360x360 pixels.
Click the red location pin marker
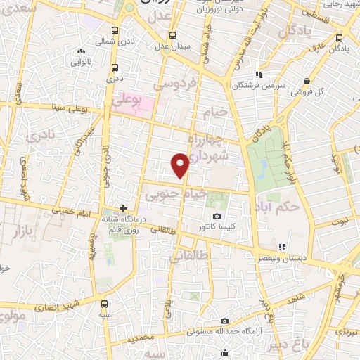180,165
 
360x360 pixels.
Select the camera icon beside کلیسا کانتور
217,216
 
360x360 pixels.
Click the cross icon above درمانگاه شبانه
124,208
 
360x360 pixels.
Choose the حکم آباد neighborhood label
299,208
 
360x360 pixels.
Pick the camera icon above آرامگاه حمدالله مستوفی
224,321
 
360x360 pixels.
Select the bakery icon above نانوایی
82,51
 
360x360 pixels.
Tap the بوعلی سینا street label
78,108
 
